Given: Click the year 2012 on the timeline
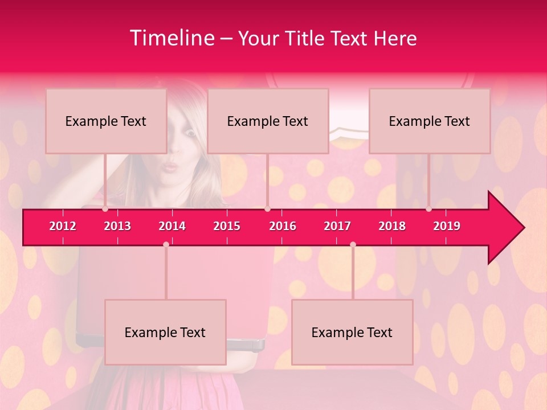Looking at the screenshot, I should tap(63, 226).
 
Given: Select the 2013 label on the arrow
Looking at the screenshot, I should tap(117, 226).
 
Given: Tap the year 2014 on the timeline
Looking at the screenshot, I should tap(172, 226).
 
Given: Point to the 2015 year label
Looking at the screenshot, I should tap(227, 226).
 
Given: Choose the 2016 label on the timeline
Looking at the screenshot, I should tap(283, 226).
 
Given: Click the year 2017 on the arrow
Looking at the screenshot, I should tap(337, 226).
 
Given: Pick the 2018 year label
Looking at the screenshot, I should tap(392, 226).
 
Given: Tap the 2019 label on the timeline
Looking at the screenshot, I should tap(447, 226).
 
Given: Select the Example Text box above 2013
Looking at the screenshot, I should tap(106, 121).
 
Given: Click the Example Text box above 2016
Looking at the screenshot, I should tap(268, 121).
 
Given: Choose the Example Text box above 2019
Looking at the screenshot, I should tap(430, 121).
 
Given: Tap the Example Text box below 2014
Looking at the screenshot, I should tap(165, 332).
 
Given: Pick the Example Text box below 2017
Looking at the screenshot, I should tap(352, 332).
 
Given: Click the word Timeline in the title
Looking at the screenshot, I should tap(172, 38).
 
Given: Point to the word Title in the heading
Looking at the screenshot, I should tap(307, 38).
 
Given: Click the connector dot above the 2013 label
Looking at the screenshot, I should tap(105, 209).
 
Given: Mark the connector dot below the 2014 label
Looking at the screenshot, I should tap(166, 244).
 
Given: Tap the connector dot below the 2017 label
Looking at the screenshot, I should tap(353, 244).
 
